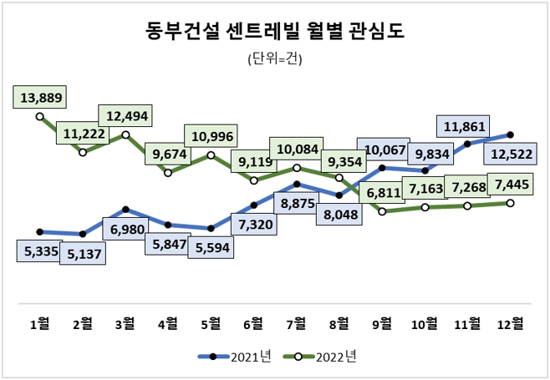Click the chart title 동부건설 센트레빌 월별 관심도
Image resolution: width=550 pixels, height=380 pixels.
pyautogui.click(x=274, y=31)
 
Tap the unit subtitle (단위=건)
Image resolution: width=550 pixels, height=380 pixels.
pyautogui.click(x=275, y=59)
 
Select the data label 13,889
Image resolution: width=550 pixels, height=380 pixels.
pyautogui.click(x=40, y=98)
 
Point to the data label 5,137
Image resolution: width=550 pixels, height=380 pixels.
pyautogui.click(x=83, y=254)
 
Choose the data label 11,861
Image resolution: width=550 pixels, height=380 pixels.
pyautogui.click(x=465, y=126)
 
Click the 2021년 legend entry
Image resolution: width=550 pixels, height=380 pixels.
pyautogui.click(x=235, y=357)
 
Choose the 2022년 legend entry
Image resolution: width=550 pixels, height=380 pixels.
pyautogui.click(x=320, y=357)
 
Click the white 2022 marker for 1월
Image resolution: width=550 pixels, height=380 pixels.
pyautogui.click(x=40, y=117)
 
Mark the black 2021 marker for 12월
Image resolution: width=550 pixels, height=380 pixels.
pyautogui.click(x=510, y=134)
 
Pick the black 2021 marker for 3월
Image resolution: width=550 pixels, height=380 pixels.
pyautogui.click(x=125, y=210)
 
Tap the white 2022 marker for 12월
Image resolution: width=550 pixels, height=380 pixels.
pyautogui.click(x=510, y=203)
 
